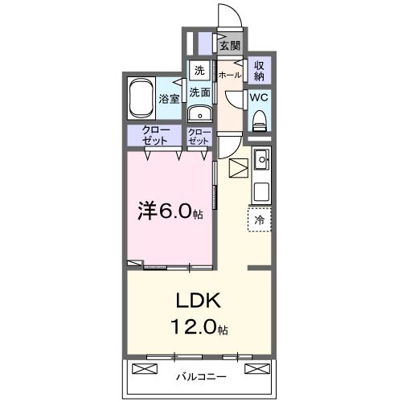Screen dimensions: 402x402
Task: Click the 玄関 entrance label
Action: [229, 44]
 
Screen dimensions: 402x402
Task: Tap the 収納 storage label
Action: [260, 70]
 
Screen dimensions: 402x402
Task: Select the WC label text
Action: [259, 97]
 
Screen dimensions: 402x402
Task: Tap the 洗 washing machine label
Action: [199, 70]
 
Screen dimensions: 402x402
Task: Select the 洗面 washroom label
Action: [199, 92]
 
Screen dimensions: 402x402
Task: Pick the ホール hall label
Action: [229, 75]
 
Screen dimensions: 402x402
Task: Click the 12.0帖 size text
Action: [198, 328]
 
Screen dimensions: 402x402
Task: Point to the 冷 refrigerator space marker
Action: [259, 219]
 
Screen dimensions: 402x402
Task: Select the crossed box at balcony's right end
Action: [255, 369]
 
